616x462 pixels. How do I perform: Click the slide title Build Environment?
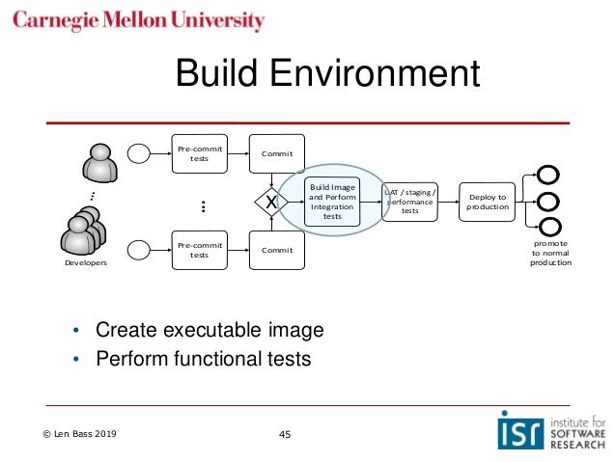tap(326, 75)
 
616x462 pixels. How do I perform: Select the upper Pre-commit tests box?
tap(200, 153)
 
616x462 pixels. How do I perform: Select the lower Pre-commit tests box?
tap(200, 250)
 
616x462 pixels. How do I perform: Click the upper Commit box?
tap(277, 154)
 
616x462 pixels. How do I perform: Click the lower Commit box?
tap(277, 250)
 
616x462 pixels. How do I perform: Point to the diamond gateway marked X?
tap(271, 203)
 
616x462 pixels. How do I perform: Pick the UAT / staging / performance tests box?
tap(409, 201)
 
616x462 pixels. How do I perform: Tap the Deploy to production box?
tap(487, 201)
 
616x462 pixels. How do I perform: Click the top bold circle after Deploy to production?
tap(548, 176)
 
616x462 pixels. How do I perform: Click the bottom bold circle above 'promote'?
tap(548, 228)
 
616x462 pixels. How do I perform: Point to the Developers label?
tap(86, 262)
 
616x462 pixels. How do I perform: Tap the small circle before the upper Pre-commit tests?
tap(138, 153)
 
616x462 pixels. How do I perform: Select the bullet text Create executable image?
tap(209, 331)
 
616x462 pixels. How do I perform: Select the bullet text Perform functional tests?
tap(203, 359)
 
